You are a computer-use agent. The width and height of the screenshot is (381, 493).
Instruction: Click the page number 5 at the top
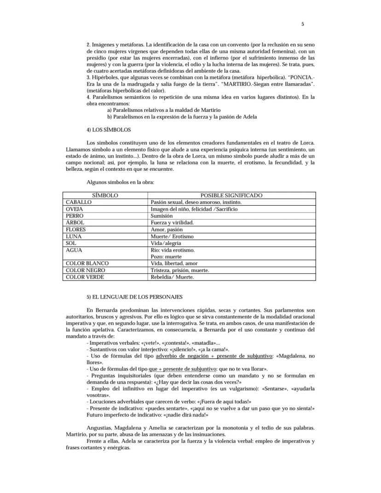302,24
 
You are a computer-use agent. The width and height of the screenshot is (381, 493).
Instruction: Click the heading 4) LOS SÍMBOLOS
109,130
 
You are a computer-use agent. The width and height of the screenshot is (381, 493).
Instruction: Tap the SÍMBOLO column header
105,195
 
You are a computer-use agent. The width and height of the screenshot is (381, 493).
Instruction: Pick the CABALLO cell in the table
79,202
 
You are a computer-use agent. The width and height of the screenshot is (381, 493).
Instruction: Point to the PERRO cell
75,215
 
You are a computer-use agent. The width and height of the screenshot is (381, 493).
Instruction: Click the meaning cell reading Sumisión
162,215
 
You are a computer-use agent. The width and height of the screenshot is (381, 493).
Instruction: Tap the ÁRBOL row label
75,222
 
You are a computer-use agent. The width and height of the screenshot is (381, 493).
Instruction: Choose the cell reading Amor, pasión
167,229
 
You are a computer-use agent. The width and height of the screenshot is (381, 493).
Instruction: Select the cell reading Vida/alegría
166,243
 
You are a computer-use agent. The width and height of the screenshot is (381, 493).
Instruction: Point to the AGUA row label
74,250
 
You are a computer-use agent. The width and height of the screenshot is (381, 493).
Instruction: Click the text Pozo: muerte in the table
166,256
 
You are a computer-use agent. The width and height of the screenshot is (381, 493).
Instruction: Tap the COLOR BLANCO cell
87,263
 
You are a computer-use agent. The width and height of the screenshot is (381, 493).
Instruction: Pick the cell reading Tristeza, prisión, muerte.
180,270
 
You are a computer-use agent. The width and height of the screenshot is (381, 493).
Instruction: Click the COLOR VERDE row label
85,277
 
